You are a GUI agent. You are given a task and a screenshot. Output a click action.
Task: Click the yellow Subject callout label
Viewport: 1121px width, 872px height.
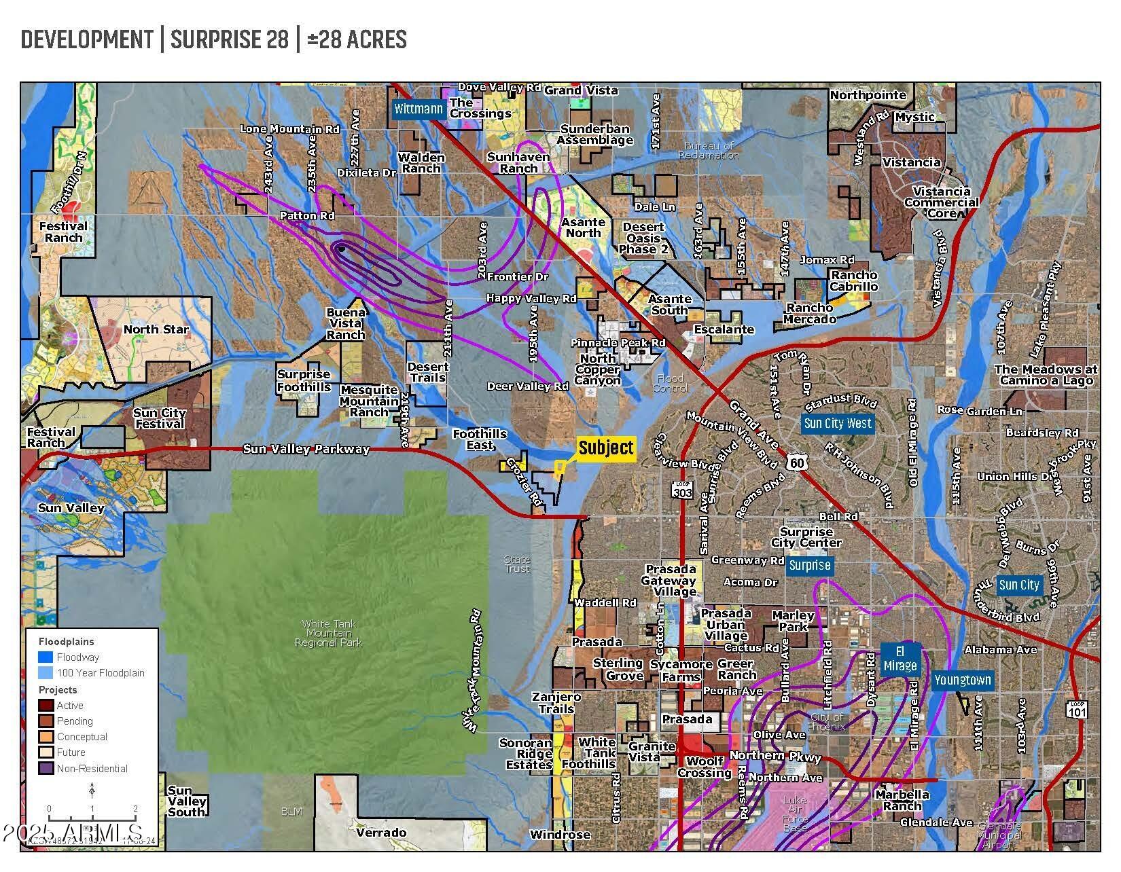606,448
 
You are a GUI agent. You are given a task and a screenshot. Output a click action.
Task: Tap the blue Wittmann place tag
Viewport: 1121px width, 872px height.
419,109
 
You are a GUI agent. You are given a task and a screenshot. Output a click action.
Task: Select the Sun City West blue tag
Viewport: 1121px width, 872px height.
837,423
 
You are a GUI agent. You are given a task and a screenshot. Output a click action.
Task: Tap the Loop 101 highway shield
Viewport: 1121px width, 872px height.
1077,710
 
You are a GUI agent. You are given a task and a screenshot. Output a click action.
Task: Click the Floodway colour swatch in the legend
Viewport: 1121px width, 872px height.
46,657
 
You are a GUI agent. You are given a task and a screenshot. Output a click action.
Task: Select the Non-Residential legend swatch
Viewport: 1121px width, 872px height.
46,768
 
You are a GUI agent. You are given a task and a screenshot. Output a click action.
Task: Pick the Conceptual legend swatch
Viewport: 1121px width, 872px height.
46,736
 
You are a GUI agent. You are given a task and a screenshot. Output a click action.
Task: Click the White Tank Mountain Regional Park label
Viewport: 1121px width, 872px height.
329,633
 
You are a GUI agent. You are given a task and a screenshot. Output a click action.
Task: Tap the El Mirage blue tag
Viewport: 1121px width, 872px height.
900,659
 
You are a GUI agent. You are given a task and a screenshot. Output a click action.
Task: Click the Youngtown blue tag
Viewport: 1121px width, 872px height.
963,680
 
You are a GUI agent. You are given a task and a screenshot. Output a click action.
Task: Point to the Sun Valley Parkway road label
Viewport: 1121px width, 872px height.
306,449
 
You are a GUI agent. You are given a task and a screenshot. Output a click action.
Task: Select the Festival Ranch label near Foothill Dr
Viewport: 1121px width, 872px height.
63,232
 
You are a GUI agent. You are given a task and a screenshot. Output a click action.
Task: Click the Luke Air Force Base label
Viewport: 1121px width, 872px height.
795,814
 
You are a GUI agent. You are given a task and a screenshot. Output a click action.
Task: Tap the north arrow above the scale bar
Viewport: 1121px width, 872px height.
92,791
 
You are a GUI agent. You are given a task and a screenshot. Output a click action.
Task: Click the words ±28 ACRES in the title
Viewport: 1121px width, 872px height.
357,39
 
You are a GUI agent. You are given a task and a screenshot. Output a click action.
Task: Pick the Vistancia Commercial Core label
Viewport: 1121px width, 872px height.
941,202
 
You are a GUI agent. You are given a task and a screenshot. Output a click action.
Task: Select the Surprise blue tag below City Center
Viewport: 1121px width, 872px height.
809,565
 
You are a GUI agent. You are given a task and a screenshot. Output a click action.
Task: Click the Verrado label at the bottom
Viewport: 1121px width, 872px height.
381,832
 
